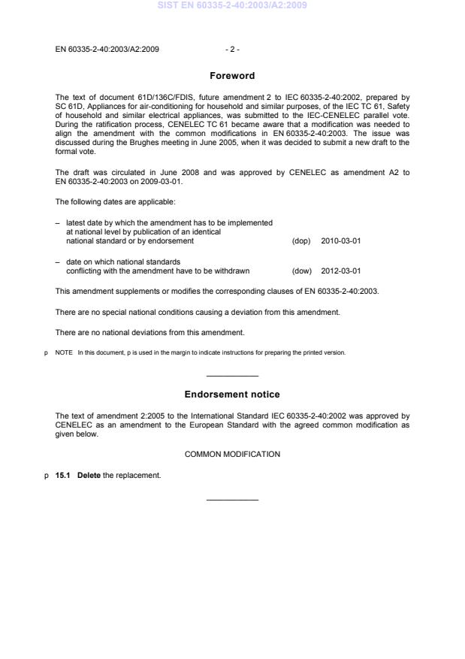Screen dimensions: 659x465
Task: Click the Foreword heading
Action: click(x=232, y=76)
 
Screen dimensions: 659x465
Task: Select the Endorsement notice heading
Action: click(x=232, y=394)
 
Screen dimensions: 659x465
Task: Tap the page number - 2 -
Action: click(x=232, y=50)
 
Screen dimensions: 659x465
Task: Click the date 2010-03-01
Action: click(x=340, y=241)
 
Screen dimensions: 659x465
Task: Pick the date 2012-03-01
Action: click(x=340, y=271)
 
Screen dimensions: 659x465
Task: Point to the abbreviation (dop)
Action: click(x=300, y=241)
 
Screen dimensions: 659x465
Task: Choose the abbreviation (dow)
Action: click(x=300, y=271)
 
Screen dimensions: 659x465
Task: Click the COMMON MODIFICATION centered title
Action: click(x=232, y=454)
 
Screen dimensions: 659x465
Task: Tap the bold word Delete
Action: click(x=87, y=475)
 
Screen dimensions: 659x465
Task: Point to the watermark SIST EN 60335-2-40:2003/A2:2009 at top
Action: click(x=232, y=6)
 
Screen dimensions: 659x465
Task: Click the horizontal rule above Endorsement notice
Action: click(x=232, y=375)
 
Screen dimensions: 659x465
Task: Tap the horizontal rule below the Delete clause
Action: click(x=232, y=500)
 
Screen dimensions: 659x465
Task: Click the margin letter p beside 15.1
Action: click(x=47, y=476)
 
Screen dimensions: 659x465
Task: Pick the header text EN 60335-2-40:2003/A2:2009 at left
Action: click(x=107, y=50)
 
